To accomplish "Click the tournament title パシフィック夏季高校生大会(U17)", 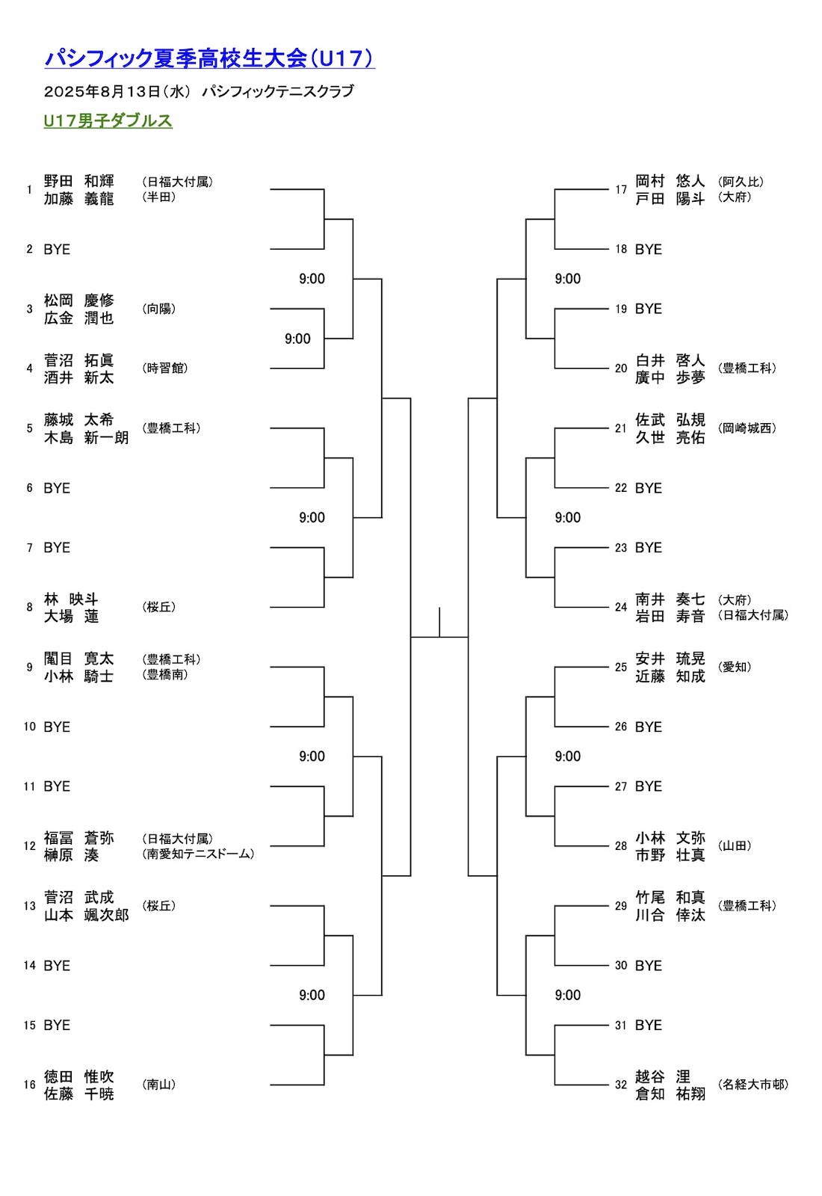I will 209,58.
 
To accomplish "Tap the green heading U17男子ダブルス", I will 108,120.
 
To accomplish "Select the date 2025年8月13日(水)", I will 117,91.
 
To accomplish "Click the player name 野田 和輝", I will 78,181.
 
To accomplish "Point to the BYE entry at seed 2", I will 57,249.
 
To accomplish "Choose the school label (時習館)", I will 164,368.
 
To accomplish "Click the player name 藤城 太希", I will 78,419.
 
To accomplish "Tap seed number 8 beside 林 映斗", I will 29,607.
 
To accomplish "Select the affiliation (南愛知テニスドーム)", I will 198,854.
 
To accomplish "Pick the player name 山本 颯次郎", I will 86,915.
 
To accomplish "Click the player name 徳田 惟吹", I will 78,1076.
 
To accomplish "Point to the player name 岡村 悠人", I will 670,181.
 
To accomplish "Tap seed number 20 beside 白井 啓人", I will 621,368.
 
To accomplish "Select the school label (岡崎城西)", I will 747,428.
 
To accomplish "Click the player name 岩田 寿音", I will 670,616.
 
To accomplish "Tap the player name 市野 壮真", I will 670,855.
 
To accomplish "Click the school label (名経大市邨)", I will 753,1085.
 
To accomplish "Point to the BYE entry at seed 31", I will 648,1025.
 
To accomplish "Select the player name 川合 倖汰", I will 670,915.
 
